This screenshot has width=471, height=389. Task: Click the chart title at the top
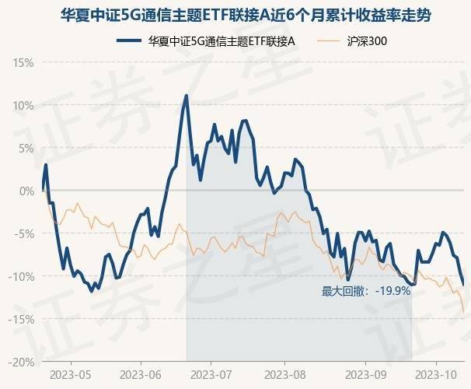click(x=235, y=15)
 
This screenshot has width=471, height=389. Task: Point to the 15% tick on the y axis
click(x=23, y=62)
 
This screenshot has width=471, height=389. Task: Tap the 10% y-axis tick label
click(x=23, y=105)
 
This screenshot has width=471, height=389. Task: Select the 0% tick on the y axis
click(x=26, y=191)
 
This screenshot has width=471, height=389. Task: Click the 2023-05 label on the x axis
click(x=70, y=375)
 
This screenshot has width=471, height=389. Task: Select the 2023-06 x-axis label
click(x=141, y=375)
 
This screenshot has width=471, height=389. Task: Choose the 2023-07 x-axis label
click(x=213, y=375)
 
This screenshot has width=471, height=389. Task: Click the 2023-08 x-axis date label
click(x=285, y=375)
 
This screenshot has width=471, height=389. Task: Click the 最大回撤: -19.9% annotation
click(x=365, y=292)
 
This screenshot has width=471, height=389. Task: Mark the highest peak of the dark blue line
click(x=187, y=95)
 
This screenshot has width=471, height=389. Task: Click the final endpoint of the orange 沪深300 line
click(x=464, y=311)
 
